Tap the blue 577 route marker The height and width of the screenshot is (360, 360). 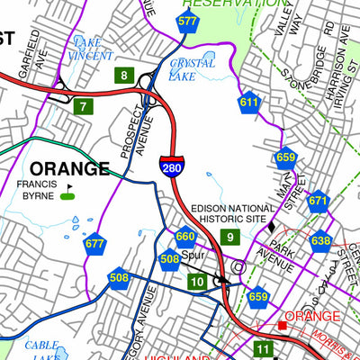187,22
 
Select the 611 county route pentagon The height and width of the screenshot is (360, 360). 249,103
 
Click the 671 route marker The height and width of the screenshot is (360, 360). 318,202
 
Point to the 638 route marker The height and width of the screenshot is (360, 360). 320,240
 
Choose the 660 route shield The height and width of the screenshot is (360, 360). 185,237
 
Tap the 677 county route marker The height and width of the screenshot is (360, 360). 94,243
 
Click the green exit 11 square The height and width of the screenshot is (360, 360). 262,348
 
